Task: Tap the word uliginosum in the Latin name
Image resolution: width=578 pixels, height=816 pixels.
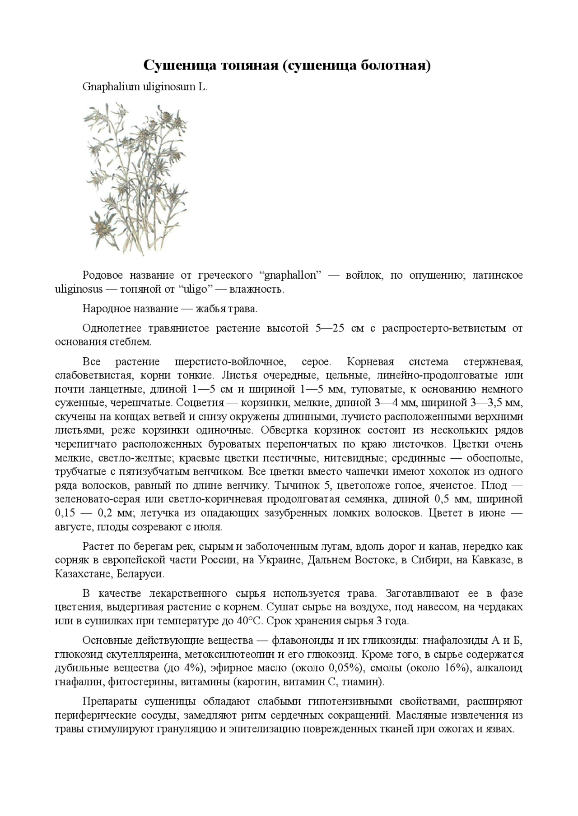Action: tap(169, 87)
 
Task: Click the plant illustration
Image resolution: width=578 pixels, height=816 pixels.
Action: tap(135, 178)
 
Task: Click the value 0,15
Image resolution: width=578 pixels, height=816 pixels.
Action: tap(64, 513)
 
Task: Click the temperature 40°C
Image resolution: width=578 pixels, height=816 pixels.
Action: tap(249, 621)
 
